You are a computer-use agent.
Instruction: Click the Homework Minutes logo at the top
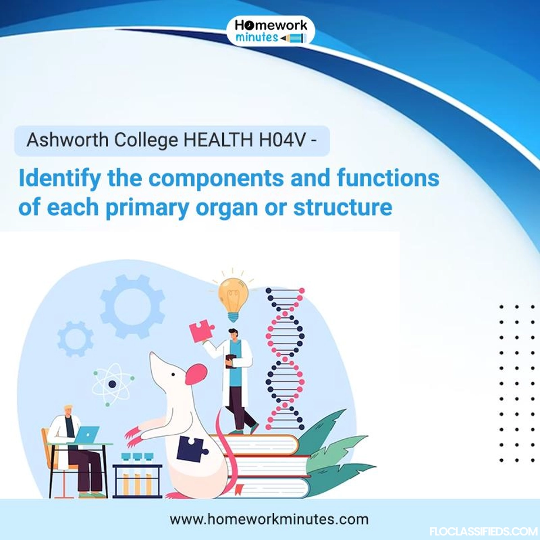point(271,31)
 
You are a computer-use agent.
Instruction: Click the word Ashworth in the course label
point(67,140)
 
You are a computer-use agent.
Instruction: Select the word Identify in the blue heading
point(60,179)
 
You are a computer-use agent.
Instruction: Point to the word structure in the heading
point(343,208)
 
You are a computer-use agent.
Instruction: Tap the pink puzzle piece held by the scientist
point(201,331)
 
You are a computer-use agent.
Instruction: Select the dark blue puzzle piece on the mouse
point(192,449)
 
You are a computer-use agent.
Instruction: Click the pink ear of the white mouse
point(196,373)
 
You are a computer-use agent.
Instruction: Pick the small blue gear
point(75,339)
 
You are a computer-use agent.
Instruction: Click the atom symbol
point(112,384)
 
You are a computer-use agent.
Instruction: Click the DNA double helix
point(285,359)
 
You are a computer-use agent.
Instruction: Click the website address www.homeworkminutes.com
point(269,519)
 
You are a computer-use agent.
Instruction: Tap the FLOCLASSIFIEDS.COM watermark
point(484,532)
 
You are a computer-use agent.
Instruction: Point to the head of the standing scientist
point(233,334)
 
